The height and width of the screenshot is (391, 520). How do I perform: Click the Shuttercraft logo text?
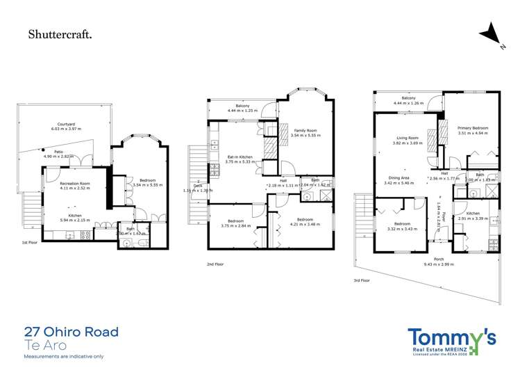pyautogui.click(x=59, y=33)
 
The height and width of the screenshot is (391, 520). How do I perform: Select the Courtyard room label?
pyautogui.click(x=67, y=125)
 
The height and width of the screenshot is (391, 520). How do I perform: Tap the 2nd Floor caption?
pyautogui.click(x=215, y=264)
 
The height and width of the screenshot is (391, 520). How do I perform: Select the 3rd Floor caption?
pyautogui.click(x=362, y=280)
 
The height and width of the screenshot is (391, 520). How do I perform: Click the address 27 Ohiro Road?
pyautogui.click(x=71, y=332)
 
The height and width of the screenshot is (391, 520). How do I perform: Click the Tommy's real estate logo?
pyautogui.click(x=451, y=341)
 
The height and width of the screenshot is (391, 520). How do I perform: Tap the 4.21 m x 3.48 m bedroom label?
pyautogui.click(x=305, y=221)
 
